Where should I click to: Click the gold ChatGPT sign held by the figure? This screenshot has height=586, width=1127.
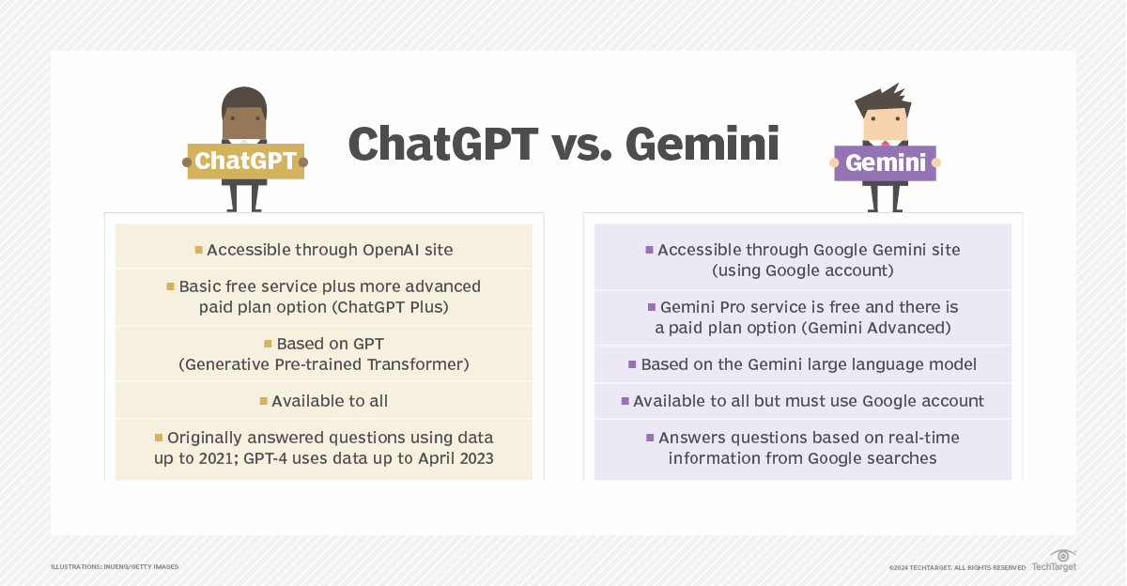click(x=245, y=161)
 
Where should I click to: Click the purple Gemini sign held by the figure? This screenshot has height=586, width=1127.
click(x=885, y=162)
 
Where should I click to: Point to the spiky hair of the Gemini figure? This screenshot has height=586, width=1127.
click(x=882, y=98)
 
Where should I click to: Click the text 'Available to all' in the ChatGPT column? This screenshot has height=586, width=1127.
click(x=330, y=401)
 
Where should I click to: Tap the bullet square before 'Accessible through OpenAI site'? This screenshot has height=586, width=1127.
click(x=199, y=250)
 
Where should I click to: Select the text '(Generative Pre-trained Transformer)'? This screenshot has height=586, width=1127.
click(x=324, y=363)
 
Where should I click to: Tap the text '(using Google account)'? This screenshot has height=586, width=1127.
click(x=802, y=270)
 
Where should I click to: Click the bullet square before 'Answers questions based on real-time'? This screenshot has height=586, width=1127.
click(x=649, y=438)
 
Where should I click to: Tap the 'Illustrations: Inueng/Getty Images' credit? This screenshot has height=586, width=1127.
click(x=115, y=566)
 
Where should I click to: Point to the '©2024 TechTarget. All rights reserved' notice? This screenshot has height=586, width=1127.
click(x=957, y=567)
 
